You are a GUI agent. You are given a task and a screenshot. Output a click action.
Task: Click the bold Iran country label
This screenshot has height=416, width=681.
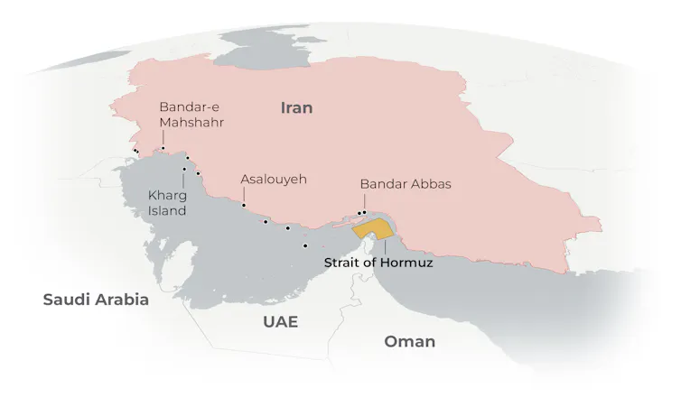tap(296, 108)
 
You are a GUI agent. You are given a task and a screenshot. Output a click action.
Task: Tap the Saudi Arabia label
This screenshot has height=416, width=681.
tap(96, 300)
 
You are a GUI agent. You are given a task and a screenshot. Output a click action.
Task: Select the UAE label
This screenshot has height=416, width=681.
tap(280, 322)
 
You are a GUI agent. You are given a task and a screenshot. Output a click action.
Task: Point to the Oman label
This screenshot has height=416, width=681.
tap(409, 341)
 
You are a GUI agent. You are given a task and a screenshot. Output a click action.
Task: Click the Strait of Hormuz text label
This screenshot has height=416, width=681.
tap(378, 263)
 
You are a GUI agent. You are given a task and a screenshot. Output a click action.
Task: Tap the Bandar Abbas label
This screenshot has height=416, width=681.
tap(405, 183)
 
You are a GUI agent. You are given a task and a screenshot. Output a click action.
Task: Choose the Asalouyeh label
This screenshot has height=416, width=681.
tap(274, 179)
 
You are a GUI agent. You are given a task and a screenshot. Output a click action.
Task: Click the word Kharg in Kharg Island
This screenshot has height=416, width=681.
tap(167, 195)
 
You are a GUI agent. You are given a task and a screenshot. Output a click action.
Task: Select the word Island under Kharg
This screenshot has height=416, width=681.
tap(167, 210)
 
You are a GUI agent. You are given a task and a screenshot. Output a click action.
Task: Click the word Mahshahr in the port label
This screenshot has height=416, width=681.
tap(191, 122)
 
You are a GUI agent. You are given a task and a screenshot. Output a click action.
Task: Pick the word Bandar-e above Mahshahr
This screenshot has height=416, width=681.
tap(188, 106)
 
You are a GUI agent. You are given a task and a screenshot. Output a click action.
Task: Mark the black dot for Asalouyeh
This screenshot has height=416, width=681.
tap(244, 205)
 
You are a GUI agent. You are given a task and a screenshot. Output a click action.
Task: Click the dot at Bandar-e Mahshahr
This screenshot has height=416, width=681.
tap(163, 148)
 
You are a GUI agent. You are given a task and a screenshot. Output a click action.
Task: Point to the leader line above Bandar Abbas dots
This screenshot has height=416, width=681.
tap(363, 201)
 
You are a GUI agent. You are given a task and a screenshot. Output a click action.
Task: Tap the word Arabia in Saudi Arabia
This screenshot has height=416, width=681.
tap(123, 300)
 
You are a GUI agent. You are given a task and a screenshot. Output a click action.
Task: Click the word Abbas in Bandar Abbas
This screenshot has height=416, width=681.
tap(431, 183)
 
